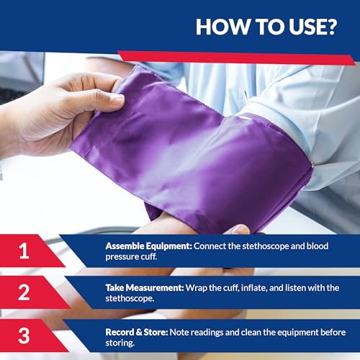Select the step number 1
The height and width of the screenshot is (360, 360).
[x=24, y=251]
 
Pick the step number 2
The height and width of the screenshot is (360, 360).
[x=24, y=293]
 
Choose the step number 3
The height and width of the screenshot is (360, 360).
[x=24, y=334]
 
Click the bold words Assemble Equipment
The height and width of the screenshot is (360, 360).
[x=148, y=246]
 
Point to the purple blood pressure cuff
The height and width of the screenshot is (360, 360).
[x=194, y=151]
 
